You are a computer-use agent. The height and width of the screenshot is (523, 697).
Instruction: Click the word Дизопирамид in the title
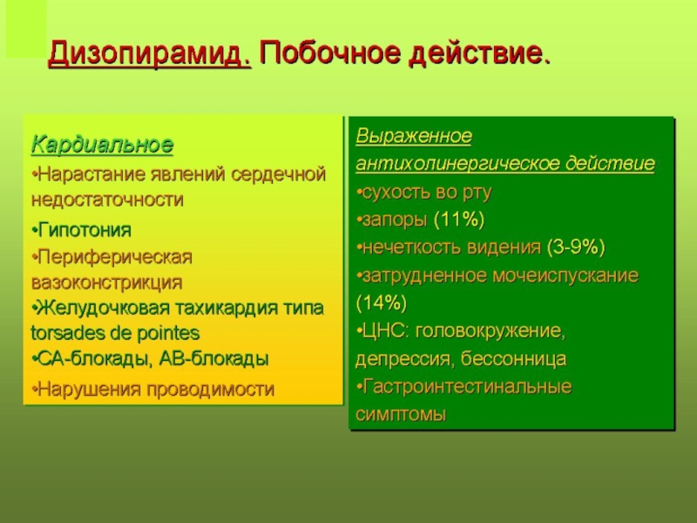(x=149, y=54)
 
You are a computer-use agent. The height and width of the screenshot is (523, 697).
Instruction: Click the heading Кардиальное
(x=102, y=145)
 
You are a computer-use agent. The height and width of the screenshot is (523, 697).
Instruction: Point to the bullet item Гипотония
(x=82, y=230)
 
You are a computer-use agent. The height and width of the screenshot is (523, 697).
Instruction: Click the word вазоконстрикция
(x=106, y=282)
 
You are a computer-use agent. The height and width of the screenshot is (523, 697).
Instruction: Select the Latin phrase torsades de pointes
(x=115, y=333)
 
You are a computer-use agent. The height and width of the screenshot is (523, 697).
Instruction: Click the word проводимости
(x=211, y=390)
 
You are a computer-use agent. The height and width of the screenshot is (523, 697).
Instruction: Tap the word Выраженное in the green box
(x=414, y=136)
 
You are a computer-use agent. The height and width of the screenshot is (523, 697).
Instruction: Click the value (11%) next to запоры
(x=459, y=220)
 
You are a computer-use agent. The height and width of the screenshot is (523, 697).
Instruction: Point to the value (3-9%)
(x=576, y=248)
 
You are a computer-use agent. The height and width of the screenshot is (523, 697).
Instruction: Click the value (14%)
(x=382, y=303)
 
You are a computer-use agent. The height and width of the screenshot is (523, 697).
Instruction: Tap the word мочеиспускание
(x=565, y=276)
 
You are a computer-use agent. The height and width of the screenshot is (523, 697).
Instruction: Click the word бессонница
(x=513, y=359)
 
